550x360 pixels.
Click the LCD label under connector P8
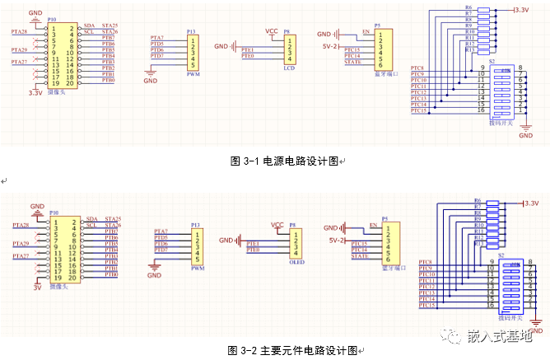[x=289, y=68]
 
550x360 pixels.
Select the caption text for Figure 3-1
[x=285, y=161]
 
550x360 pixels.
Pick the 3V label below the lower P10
[x=35, y=288]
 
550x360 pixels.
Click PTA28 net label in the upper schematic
[x=19, y=32]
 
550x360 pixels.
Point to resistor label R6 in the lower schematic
[x=478, y=201]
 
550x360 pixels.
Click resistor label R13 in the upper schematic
[x=469, y=50]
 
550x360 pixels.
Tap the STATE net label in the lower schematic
[x=360, y=257]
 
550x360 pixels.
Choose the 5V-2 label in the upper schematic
[x=329, y=46]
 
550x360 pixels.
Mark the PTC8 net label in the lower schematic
[x=426, y=262]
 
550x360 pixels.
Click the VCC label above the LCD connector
[x=273, y=30]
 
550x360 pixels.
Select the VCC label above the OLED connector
[x=277, y=224]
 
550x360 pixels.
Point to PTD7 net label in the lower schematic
[x=161, y=250]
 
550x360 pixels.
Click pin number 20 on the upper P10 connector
[x=71, y=83]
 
